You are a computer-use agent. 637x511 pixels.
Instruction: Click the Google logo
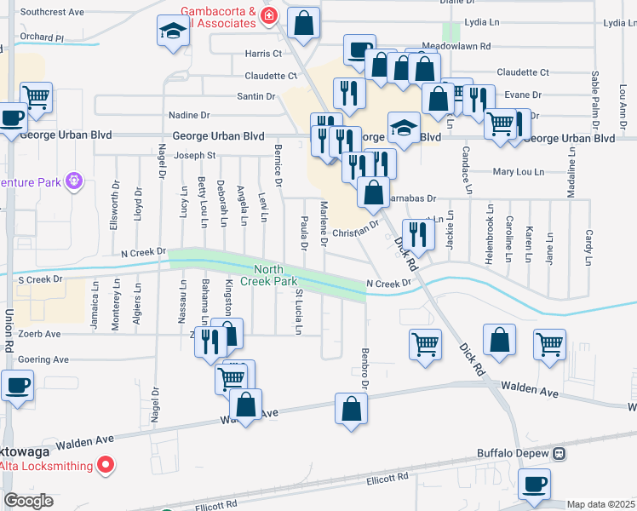(x=28, y=501)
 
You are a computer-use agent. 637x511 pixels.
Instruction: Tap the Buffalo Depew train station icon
(x=560, y=453)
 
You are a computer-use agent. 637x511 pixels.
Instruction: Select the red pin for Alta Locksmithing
(x=106, y=465)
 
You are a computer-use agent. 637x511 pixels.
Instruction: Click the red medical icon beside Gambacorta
(x=269, y=16)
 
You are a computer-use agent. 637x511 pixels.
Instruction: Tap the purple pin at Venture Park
(x=74, y=181)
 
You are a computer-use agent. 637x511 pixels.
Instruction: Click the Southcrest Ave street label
(x=52, y=13)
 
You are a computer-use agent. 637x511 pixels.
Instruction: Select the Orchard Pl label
(x=42, y=37)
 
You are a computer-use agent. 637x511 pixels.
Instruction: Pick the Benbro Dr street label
(x=364, y=368)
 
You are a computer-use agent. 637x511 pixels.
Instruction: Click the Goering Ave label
(x=43, y=359)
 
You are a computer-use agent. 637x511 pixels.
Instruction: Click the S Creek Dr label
(x=41, y=278)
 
